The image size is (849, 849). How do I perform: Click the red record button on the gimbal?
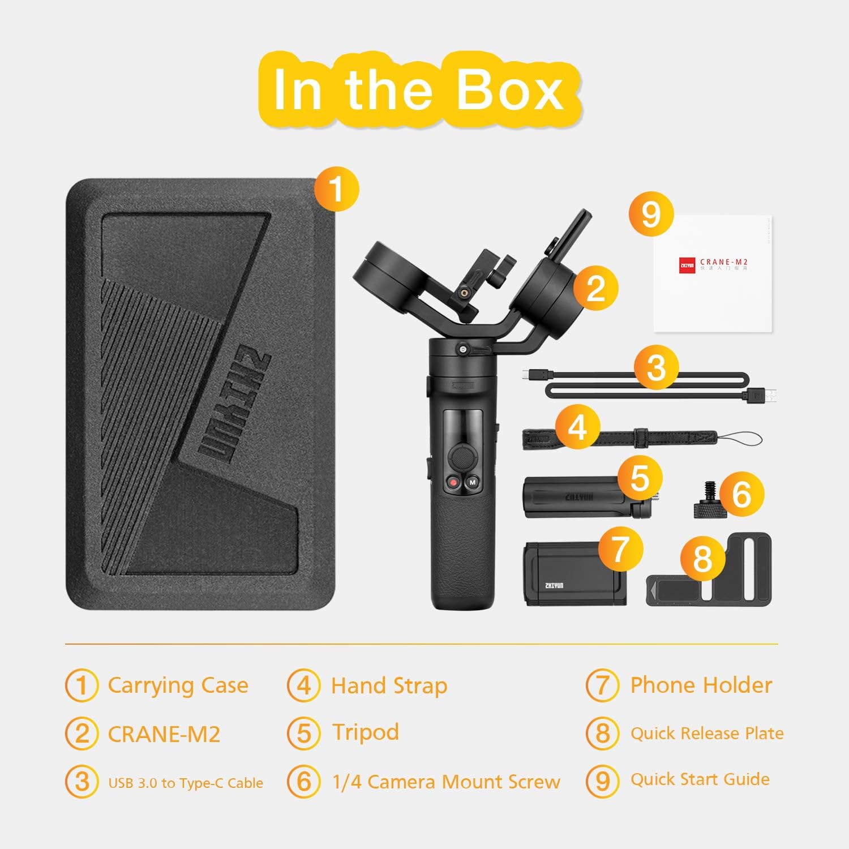pos(453,483)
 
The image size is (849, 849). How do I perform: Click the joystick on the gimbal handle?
pos(462,456)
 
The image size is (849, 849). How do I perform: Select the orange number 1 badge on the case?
pos(336,188)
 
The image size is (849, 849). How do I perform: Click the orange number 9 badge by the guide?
pos(651,215)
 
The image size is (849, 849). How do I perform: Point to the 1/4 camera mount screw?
pos(707,501)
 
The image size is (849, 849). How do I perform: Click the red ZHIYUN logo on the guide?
pos(687,264)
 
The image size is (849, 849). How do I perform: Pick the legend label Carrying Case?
pos(178,685)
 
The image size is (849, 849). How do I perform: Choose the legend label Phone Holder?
pos(701,685)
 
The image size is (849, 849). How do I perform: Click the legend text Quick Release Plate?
pos(707,734)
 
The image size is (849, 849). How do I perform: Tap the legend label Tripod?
pos(365,732)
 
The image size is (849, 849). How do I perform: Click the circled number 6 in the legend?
pos(304,782)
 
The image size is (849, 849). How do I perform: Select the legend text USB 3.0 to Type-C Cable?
pos(186,783)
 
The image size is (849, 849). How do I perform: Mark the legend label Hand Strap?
pos(389,686)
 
